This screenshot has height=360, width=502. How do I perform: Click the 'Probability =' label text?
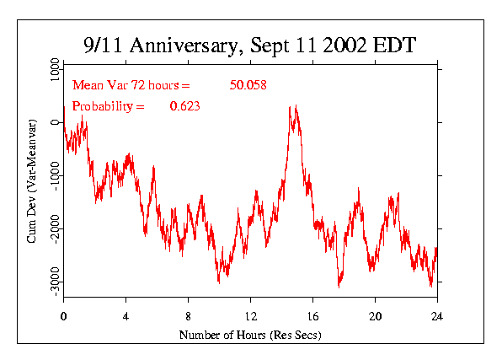pyautogui.click(x=109, y=106)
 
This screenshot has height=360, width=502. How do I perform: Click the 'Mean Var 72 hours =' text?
pyautogui.click(x=132, y=85)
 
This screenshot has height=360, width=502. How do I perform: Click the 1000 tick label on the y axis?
pyautogui.click(x=54, y=70)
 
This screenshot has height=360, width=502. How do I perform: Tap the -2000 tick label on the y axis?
pyautogui.click(x=54, y=228)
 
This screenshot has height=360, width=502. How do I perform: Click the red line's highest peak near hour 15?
pyautogui.click(x=291, y=107)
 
